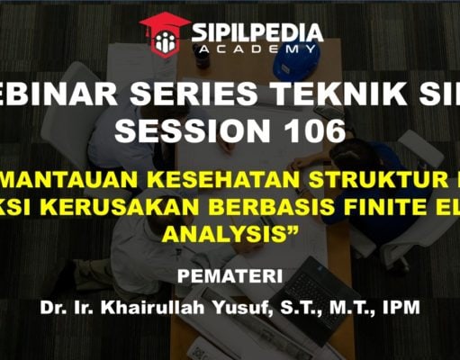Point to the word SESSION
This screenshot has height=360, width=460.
[196, 131]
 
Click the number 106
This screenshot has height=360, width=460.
[311, 131]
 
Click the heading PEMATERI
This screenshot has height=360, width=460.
[230, 274]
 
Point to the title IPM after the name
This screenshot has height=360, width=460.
[399, 307]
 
